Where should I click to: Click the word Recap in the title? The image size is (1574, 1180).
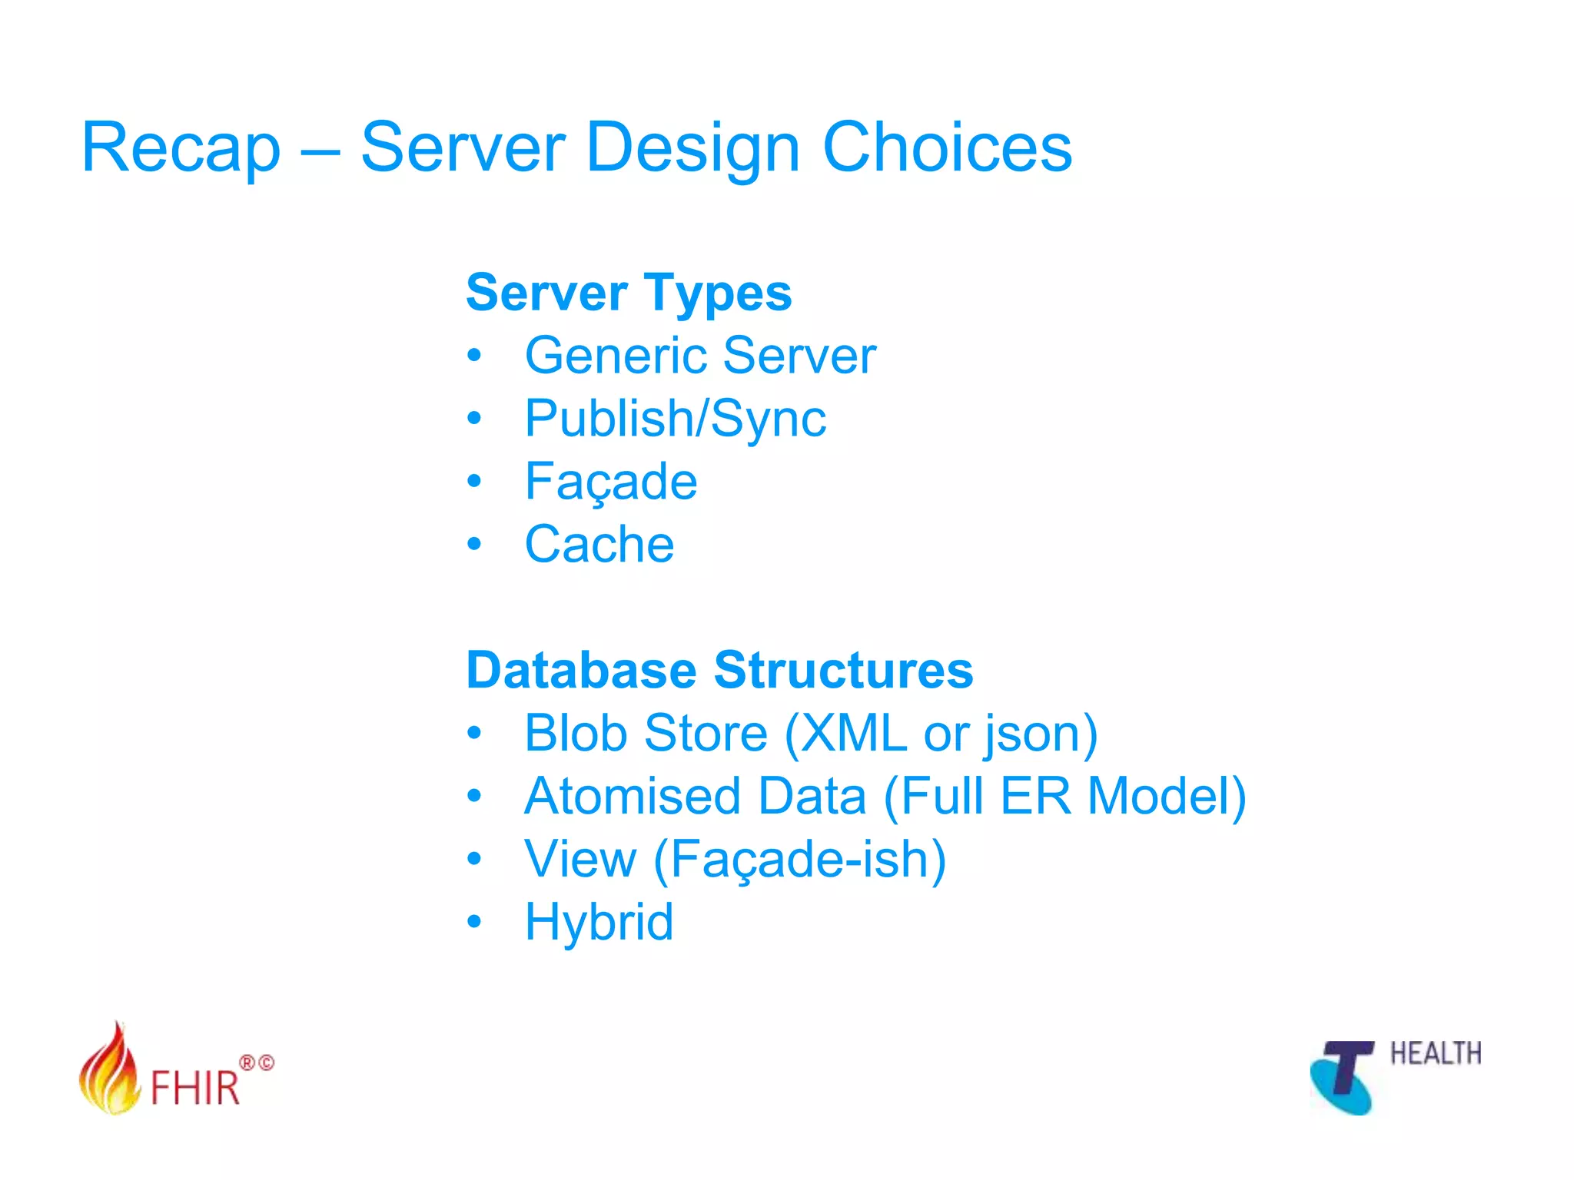pos(181,147)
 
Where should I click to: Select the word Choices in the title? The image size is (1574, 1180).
pos(947,147)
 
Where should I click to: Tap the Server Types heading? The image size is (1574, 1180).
pos(629,293)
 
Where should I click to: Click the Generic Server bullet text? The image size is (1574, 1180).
pos(700,356)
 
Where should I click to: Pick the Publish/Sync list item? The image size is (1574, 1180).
pos(675,419)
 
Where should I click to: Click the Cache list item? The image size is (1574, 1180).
pos(599,545)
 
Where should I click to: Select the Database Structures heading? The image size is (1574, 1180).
pos(719,670)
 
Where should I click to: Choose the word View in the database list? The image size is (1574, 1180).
pos(580,859)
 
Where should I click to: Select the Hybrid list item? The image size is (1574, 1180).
pos(599,922)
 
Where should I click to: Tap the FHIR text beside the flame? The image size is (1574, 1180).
pos(195,1088)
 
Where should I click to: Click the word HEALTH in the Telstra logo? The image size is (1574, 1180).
pos(1435,1053)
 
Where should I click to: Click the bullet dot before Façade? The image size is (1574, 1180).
pos(474,482)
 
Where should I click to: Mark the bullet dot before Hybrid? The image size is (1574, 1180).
pos(474,921)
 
